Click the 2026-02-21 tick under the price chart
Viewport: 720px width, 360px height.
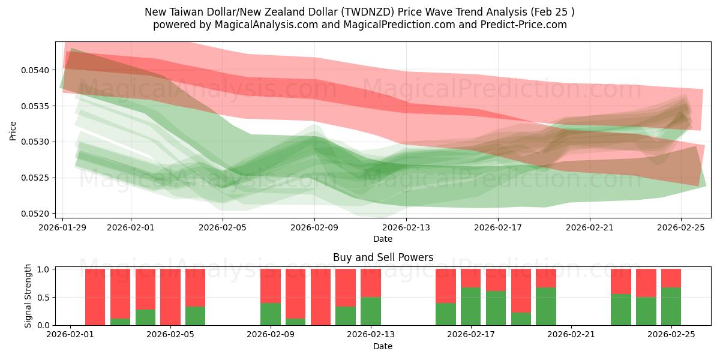click(x=589, y=227)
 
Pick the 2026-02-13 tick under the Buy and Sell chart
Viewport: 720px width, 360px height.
click(x=371, y=335)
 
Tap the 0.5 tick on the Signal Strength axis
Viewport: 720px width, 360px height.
click(x=44, y=297)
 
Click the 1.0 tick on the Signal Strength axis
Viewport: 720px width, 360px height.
click(x=44, y=269)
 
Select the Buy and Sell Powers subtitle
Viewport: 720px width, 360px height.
click(x=383, y=257)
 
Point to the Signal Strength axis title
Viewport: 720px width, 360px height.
click(x=28, y=297)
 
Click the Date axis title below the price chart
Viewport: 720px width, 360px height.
click(x=383, y=239)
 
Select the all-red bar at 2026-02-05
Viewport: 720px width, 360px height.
click(x=170, y=297)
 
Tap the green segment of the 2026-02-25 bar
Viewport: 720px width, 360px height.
click(x=671, y=306)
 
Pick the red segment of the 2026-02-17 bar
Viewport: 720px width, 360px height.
click(x=471, y=278)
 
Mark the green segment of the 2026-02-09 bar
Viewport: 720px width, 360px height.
click(x=271, y=314)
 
